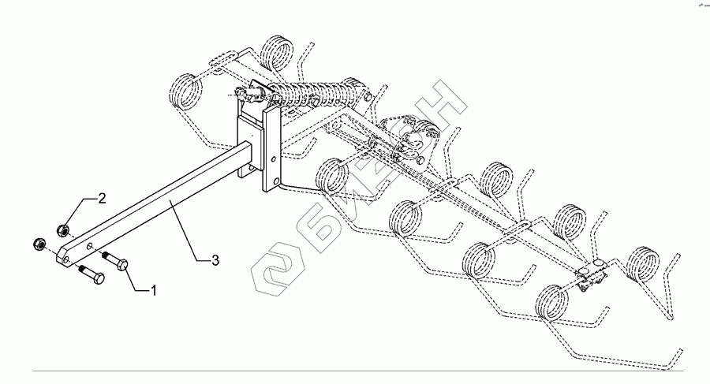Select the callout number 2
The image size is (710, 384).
[x=101, y=197]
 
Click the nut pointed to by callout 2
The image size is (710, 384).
[x=62, y=229]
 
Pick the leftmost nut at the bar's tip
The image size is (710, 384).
[x=39, y=244]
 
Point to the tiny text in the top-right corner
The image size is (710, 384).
[x=700, y=6]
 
